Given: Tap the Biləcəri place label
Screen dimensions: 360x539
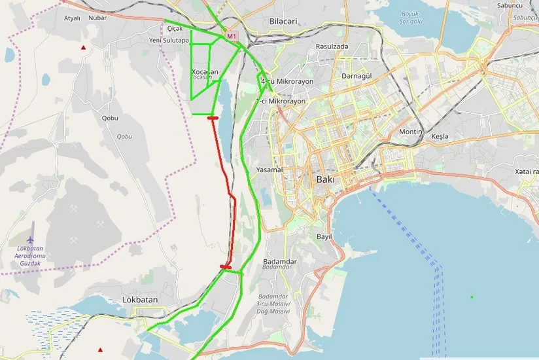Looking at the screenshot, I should click(x=283, y=22).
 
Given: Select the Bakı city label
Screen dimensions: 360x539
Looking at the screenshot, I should click(x=325, y=179).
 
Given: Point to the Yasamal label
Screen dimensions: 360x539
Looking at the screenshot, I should click(x=269, y=170).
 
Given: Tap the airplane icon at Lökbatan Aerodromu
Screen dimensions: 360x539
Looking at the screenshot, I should click(x=31, y=232).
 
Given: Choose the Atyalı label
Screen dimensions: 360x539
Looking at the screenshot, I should click(x=71, y=18).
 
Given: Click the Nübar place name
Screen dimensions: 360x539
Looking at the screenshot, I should click(x=97, y=18).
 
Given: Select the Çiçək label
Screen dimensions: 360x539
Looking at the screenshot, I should click(x=174, y=29).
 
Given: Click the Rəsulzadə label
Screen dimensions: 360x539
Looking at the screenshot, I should click(x=332, y=46).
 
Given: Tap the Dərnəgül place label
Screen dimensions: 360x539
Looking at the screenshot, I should click(x=356, y=76).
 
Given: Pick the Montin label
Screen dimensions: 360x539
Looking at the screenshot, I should click(x=411, y=132).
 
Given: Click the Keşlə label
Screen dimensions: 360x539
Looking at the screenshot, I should click(x=440, y=136).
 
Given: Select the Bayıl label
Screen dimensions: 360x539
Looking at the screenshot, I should click(x=324, y=236).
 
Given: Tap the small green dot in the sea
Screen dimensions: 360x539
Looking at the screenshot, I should click(x=472, y=297).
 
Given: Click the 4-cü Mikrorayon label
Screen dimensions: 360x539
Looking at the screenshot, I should click(x=287, y=81).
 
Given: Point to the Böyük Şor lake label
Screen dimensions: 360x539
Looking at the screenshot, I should click(x=412, y=17).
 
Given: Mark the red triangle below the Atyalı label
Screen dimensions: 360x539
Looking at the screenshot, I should click(x=83, y=48).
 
